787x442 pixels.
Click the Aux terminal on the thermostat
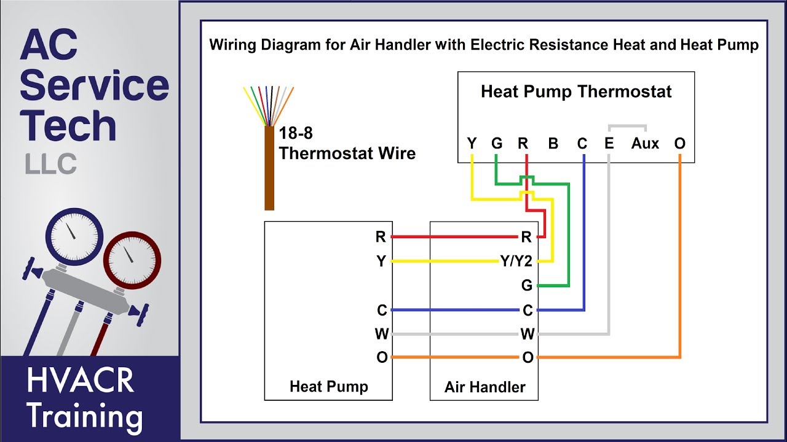pos(645,144)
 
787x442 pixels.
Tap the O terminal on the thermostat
pos(679,144)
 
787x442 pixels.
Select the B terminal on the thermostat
pos(553,144)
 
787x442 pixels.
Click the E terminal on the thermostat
pos(609,144)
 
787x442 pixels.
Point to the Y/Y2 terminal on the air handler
pos(516,262)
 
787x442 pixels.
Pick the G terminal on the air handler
pos(526,285)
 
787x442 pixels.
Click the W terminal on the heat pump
pos(381,335)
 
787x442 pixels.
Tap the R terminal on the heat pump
pos(381,237)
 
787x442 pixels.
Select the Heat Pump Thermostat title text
pos(576,92)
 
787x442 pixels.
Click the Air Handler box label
pos(484,387)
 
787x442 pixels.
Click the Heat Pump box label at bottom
pos(328,387)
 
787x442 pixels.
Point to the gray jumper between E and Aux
pos(627,127)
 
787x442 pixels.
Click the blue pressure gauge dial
pos(74,236)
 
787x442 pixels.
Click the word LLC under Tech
pos(51,164)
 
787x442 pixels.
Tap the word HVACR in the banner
pos(80,380)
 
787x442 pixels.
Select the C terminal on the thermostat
pos(582,144)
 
